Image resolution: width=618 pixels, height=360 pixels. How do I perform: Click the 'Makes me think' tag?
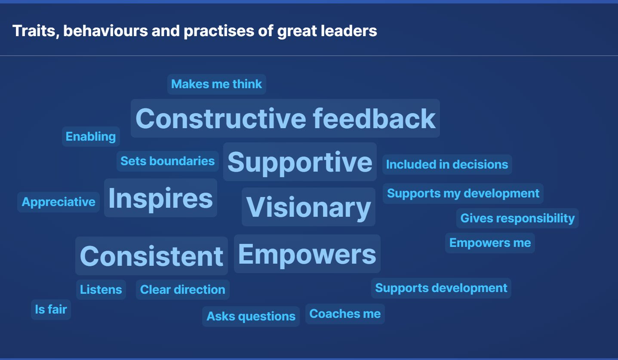tap(217, 84)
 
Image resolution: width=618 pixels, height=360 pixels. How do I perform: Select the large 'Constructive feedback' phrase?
tap(285, 118)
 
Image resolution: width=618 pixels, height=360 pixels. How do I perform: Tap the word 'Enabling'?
tap(91, 136)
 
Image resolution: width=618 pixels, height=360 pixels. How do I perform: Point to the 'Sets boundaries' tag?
tap(167, 161)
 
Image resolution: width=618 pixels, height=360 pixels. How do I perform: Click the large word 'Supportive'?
tap(300, 162)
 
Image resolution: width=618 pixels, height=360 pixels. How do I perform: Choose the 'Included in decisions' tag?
tap(447, 164)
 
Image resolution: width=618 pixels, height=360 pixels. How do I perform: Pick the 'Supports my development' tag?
tap(463, 194)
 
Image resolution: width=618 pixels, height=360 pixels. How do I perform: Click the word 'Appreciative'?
tap(58, 202)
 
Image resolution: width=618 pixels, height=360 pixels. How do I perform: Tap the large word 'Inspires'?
tap(160, 198)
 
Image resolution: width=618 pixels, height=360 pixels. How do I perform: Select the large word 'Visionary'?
tap(308, 207)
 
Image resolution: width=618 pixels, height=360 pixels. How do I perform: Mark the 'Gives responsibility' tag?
tap(517, 218)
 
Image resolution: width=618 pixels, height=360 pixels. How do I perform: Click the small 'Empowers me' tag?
tap(490, 243)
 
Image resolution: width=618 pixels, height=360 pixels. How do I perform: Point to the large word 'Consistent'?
tap(151, 256)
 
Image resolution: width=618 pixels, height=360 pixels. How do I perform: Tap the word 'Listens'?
tap(101, 289)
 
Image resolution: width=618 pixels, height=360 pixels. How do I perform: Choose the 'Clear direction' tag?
tap(183, 289)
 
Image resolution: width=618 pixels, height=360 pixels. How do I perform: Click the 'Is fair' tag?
tap(51, 310)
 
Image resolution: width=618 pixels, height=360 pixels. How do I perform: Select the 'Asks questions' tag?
tap(251, 317)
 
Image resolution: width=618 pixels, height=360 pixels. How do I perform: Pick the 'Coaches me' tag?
tap(345, 314)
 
